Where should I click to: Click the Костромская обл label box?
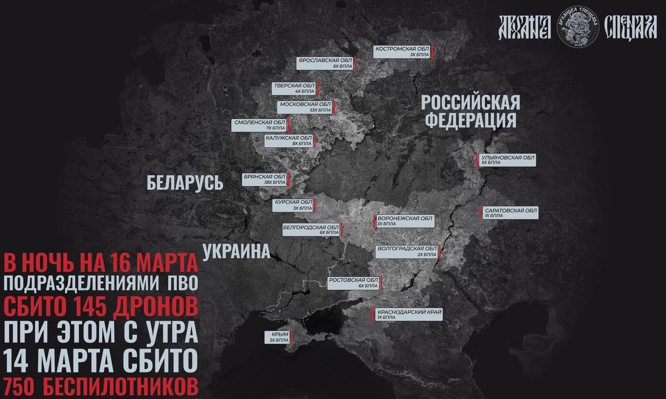pos(402,52)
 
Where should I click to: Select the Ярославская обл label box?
pos(325,63)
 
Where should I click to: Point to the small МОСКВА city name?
pos(338,118)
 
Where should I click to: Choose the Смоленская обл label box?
pos(259,125)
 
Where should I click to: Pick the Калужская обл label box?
pos(288,141)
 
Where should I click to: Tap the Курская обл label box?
pos(293,205)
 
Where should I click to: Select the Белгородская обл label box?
pos(311,230)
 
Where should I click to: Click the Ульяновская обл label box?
pos(508,160)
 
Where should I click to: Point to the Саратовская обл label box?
pos(510,213)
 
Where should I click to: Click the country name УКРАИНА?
pos(236,251)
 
